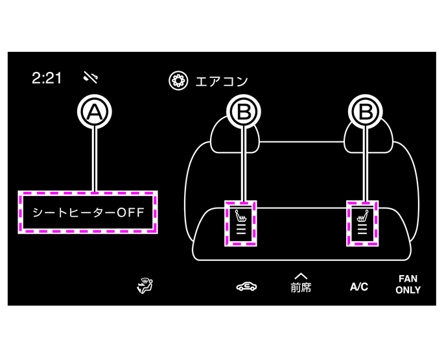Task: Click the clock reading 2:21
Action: pyautogui.click(x=47, y=78)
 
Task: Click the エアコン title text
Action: pyautogui.click(x=222, y=81)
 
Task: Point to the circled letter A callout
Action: pyautogui.click(x=95, y=112)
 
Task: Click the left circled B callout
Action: pyautogui.click(x=244, y=112)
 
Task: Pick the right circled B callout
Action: pyautogui.click(x=366, y=112)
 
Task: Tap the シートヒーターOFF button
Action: pyautogui.click(x=88, y=212)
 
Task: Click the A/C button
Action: pyautogui.click(x=358, y=286)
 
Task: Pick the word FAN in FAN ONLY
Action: pyautogui.click(x=408, y=279)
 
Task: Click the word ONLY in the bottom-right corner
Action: pyautogui.click(x=408, y=290)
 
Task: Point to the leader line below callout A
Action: pyautogui.click(x=95, y=159)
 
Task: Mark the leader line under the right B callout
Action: pyautogui.click(x=366, y=162)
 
